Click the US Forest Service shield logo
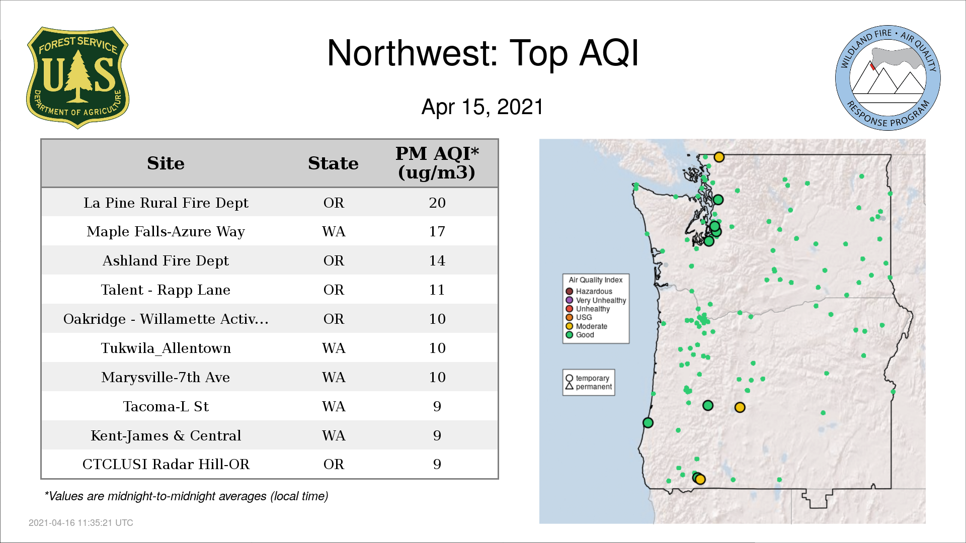pos(77,77)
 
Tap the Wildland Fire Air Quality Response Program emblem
pos(888,78)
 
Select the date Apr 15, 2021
pos(482,107)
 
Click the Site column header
pos(166,163)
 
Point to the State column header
pos(333,163)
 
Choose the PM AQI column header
pos(437,163)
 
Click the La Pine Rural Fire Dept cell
pos(166,203)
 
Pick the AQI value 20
pos(437,203)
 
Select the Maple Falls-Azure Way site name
pos(166,232)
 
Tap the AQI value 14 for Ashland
pos(437,261)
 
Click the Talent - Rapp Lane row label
pos(166,290)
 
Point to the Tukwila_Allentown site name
pos(166,348)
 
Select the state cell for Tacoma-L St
pos(334,406)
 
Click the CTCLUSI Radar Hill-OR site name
pos(166,465)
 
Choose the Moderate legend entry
pos(587,326)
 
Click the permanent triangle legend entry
pos(589,387)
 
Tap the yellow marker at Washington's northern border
pos(719,157)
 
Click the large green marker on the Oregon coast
pos(648,423)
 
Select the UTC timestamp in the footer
pos(81,523)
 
